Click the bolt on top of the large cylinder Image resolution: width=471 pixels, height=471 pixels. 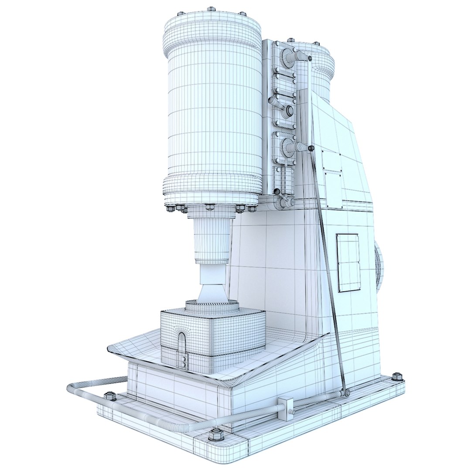tap(211, 9)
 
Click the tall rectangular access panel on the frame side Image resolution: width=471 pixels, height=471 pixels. tap(348, 263)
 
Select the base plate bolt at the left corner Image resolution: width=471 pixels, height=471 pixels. tap(110, 396)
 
